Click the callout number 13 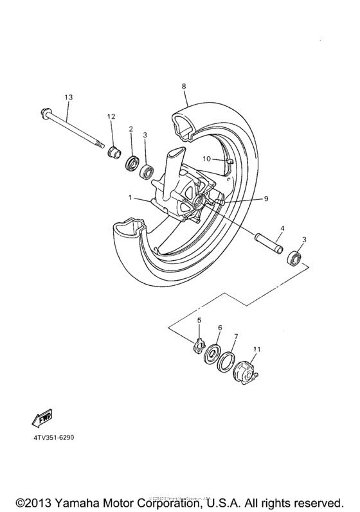point(68,97)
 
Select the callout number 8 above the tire point(184,85)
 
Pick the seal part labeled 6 point(212,355)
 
